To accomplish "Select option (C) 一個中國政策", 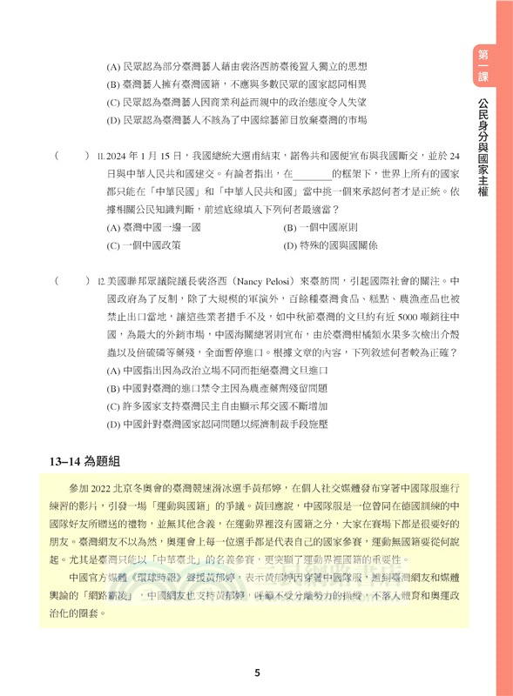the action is coord(144,245).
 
